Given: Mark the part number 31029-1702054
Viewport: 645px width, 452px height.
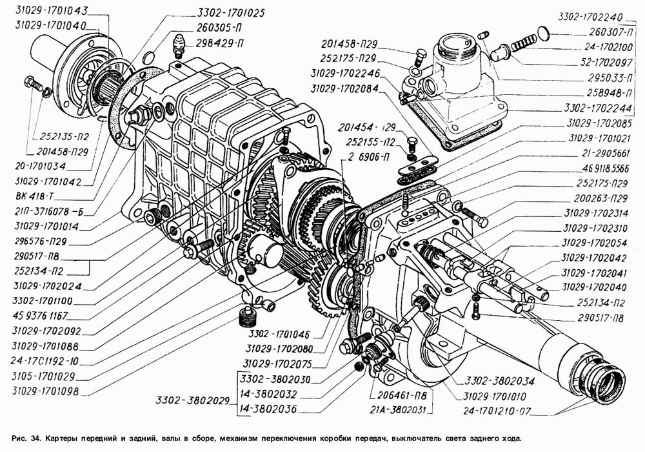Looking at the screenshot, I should coord(594,243).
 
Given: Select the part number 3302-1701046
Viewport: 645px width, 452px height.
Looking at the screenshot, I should coord(284,334).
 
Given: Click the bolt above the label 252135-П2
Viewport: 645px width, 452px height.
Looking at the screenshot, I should coord(31,83).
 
